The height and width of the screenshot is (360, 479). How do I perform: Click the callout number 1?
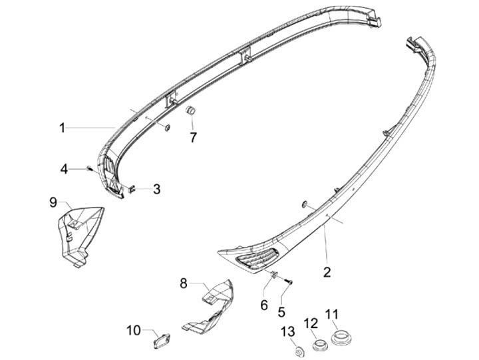click(x=62, y=127)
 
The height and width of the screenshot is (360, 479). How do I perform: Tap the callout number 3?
click(x=156, y=189)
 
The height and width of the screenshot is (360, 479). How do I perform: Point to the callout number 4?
click(x=64, y=169)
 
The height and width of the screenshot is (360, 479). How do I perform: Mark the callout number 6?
click(x=263, y=304)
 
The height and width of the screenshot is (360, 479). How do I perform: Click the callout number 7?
click(x=193, y=138)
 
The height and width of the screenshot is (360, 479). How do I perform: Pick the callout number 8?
click(x=183, y=283)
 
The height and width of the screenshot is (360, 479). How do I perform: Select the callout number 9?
click(x=53, y=202)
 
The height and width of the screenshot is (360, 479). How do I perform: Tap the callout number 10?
click(x=134, y=330)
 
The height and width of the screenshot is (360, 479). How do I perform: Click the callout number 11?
click(x=331, y=313)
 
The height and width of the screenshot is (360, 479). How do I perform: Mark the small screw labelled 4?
click(x=88, y=169)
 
